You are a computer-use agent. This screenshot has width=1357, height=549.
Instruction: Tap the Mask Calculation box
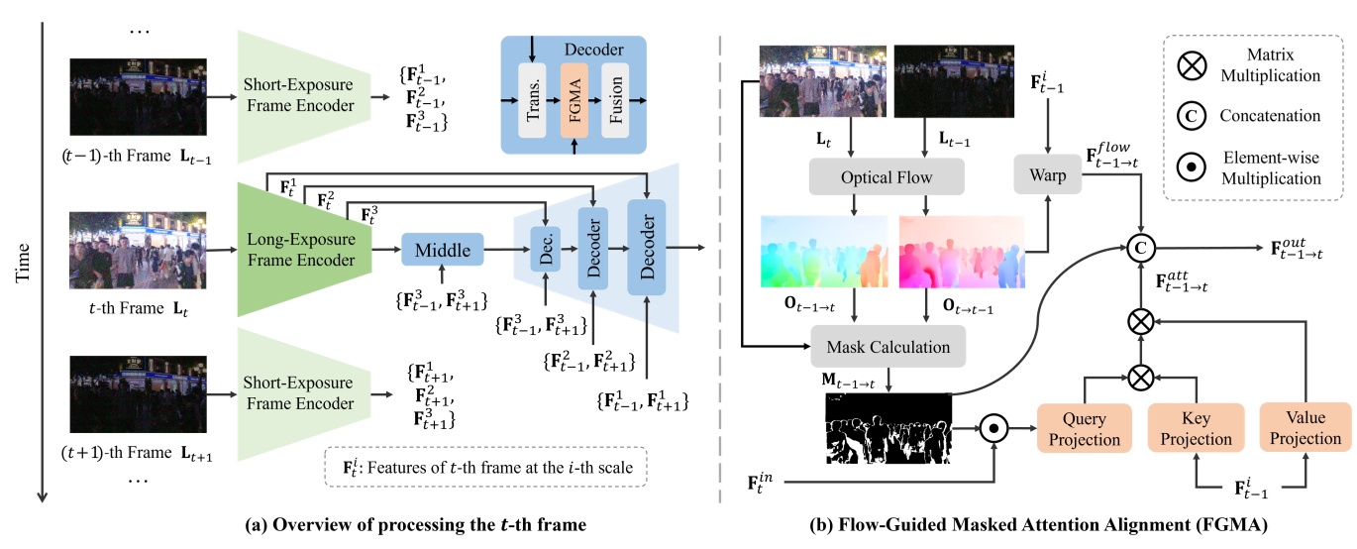click(x=886, y=347)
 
